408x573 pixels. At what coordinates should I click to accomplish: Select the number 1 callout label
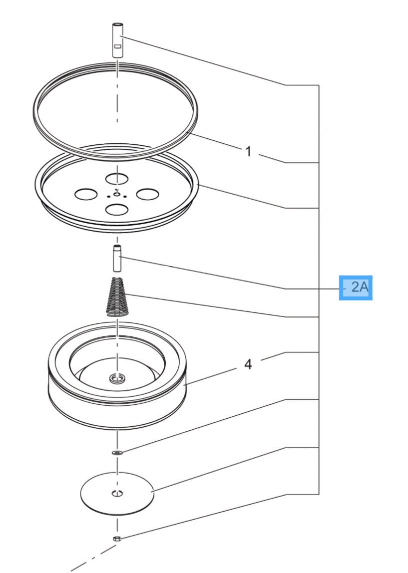[x=248, y=151]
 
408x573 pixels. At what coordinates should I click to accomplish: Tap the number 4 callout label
[x=248, y=364]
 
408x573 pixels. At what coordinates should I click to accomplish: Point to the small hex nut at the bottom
[x=117, y=538]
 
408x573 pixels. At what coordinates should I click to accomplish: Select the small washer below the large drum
[x=117, y=453]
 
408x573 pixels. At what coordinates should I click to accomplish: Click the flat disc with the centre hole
[x=117, y=493]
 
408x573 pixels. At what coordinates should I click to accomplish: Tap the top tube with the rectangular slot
[x=117, y=40]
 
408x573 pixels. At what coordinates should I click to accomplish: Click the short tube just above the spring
[x=117, y=259]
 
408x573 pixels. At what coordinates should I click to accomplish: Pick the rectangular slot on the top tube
[x=118, y=46]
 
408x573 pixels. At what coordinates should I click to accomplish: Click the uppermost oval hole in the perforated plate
[x=117, y=179]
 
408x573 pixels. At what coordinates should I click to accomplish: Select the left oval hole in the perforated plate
[x=86, y=194]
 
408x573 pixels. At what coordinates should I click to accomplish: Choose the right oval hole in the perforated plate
[x=147, y=194]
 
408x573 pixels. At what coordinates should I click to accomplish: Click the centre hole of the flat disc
[x=117, y=494]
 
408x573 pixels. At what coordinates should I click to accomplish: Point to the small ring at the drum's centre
[x=117, y=378]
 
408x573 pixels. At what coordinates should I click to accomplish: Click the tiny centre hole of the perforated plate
[x=117, y=195]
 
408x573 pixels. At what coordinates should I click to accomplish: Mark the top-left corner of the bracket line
[x=286, y=85]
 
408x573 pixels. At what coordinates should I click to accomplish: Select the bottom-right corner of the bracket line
[x=320, y=494]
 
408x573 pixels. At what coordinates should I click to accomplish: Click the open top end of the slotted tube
[x=117, y=25]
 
